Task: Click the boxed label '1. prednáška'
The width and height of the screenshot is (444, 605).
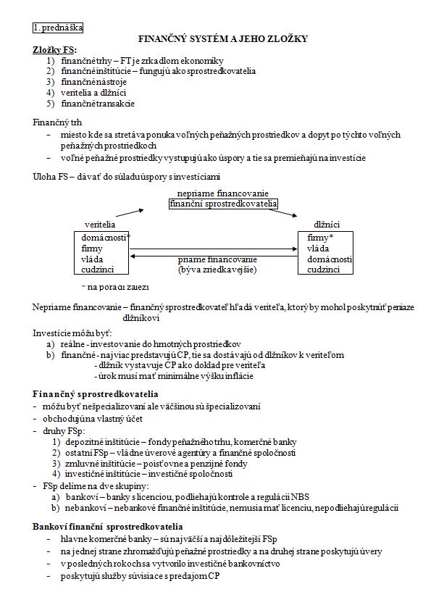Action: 58,28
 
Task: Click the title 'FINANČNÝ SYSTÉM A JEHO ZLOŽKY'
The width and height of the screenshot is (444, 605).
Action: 222,39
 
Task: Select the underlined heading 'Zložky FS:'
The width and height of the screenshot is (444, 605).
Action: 54,50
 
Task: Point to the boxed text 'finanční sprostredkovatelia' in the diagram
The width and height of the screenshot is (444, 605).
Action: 223,204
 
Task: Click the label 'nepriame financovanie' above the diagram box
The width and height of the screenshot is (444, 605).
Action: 223,193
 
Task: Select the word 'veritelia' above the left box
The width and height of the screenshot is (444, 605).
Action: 100,225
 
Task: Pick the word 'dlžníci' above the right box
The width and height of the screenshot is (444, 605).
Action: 327,225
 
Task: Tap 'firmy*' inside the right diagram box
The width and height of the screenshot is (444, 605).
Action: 320,237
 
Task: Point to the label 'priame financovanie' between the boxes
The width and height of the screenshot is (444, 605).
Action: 217,259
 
